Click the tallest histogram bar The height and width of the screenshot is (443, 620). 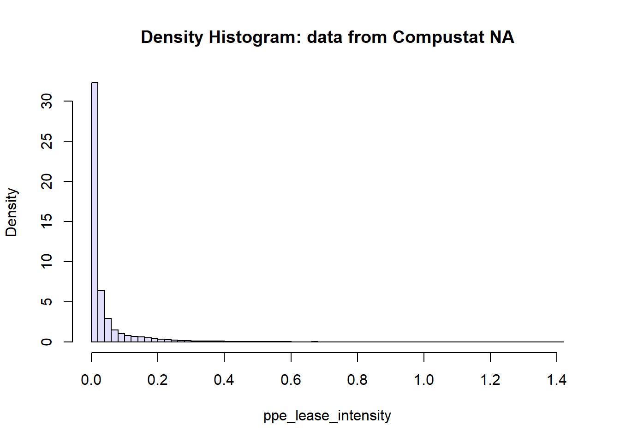click(x=95, y=212)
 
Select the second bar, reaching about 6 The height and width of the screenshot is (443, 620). click(x=101, y=316)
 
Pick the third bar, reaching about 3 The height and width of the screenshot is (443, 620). click(x=108, y=330)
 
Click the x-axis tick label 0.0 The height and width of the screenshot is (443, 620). click(x=91, y=380)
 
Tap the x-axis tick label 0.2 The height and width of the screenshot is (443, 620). click(x=157, y=380)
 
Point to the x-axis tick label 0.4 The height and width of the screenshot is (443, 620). click(x=224, y=380)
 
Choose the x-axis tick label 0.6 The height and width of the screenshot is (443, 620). click(x=291, y=380)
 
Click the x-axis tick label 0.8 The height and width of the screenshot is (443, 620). click(x=357, y=380)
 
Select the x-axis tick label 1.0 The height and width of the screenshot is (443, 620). click(x=424, y=380)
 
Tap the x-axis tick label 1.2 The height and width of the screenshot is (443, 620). click(x=490, y=380)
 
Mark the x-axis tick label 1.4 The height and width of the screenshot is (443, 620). click(x=557, y=380)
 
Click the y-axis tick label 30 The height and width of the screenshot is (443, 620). click(x=46, y=101)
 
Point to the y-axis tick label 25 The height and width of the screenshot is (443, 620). click(x=46, y=141)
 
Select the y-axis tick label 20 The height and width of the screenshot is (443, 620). click(x=46, y=181)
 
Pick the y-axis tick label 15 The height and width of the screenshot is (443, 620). click(x=46, y=221)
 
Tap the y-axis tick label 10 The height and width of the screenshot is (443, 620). click(x=46, y=262)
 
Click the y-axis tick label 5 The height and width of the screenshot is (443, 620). click(x=46, y=302)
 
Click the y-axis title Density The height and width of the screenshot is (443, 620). click(x=12, y=212)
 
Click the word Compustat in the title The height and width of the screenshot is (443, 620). click(x=439, y=37)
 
